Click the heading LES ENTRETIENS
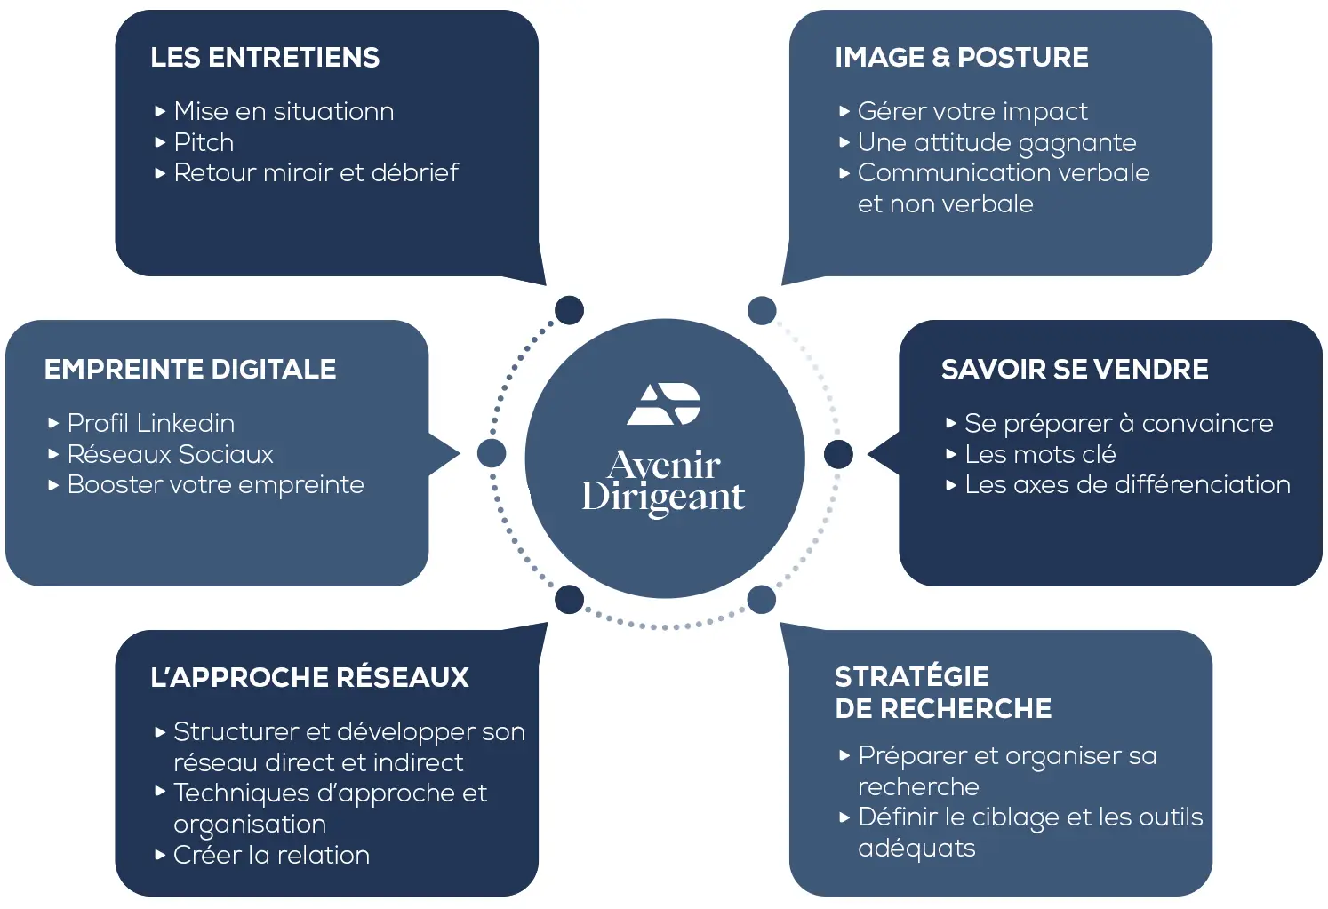[265, 58]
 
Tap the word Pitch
[204, 142]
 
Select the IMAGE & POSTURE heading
[961, 58]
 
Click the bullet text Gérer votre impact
[972, 112]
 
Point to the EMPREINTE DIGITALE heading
[190, 370]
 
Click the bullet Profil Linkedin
[151, 423]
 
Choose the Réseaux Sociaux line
[170, 454]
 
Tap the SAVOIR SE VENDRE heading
[1075, 370]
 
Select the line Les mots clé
[1040, 454]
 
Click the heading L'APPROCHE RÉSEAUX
[309, 677]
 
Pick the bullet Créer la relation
[271, 855]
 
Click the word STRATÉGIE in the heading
[911, 677]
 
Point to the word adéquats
[916, 849]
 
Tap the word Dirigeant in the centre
[663, 498]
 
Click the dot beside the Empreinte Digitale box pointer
[492, 453]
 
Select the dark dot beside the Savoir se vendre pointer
[837, 454]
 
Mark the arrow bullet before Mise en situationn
[160, 112]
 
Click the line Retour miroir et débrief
[316, 172]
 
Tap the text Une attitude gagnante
[996, 143]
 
